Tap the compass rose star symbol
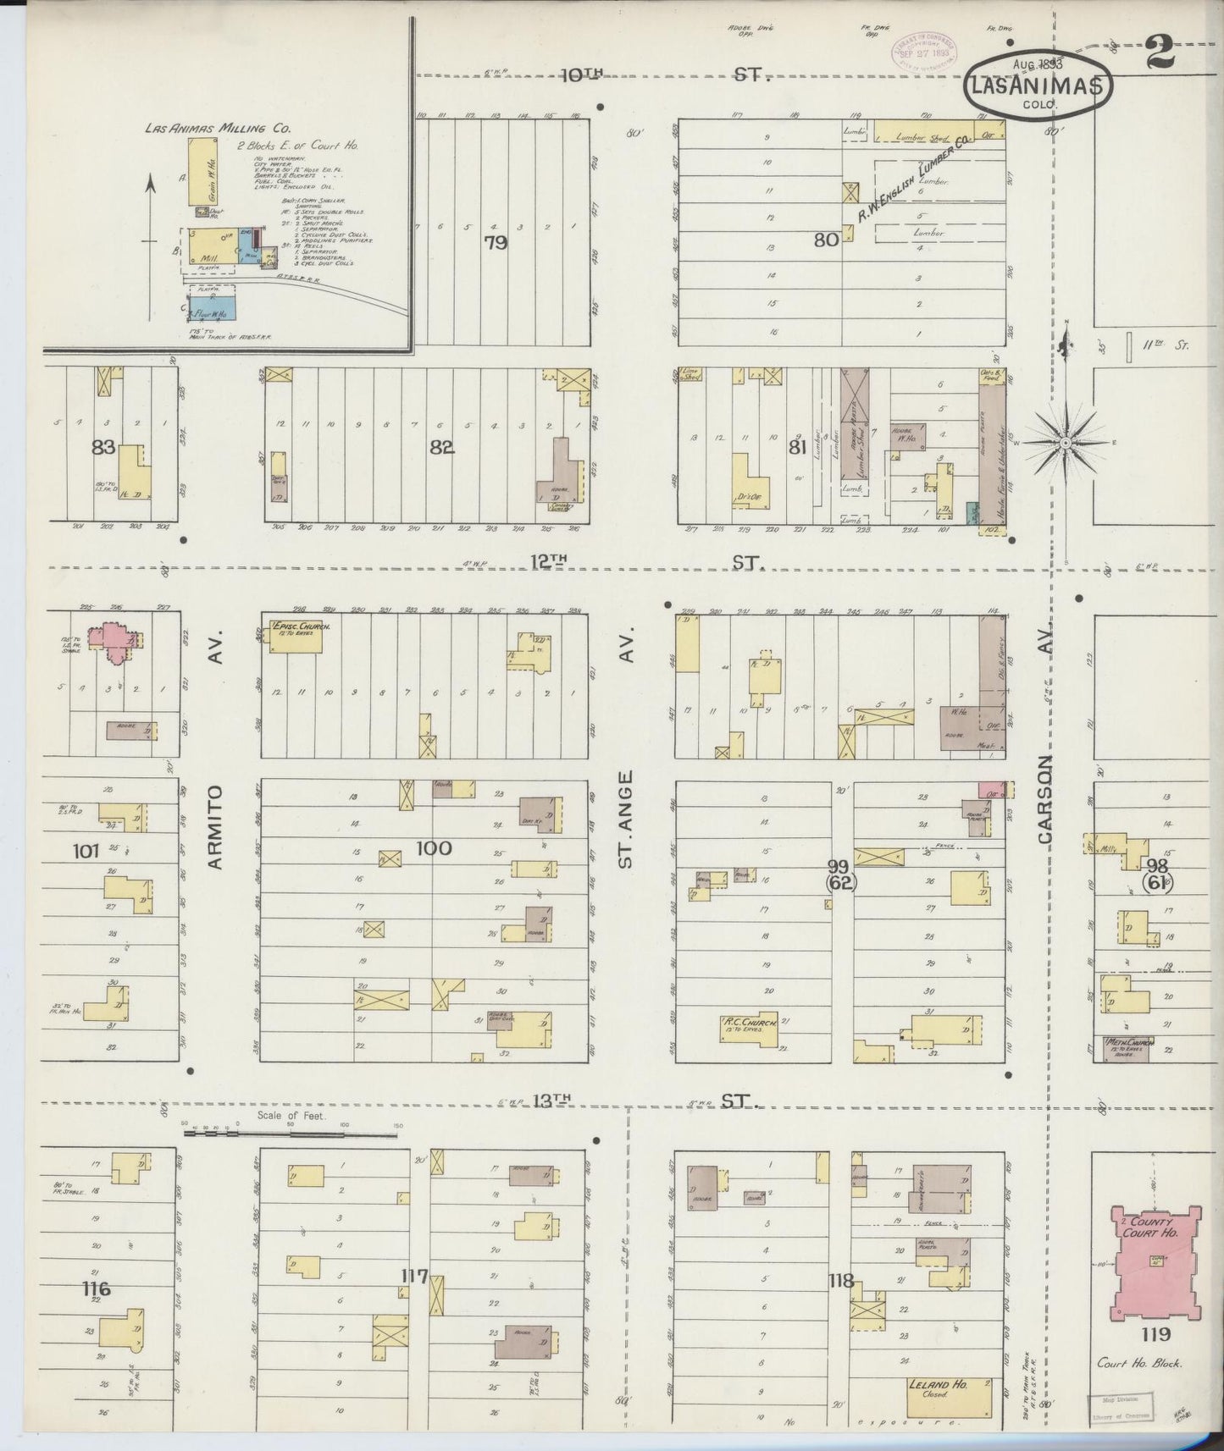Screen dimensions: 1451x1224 coord(1066,443)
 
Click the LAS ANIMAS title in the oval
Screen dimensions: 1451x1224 coord(1037,86)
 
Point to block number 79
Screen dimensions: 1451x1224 coord(496,243)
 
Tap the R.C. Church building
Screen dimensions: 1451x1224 coord(748,1024)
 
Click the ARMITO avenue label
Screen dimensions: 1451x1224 coord(214,825)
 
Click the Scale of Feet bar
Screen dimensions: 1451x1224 coord(291,1132)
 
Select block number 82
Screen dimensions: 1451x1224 coord(441,447)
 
